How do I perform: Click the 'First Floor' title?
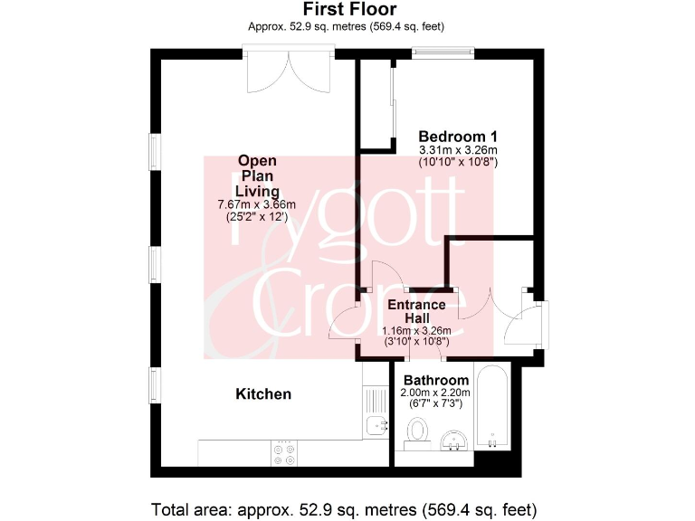[x=347, y=10]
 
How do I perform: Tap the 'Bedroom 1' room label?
[x=458, y=137]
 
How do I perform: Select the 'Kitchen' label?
[x=263, y=393]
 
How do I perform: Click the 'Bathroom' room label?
[x=436, y=380]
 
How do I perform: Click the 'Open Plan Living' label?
[x=257, y=175]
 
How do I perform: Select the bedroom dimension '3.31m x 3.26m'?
[x=458, y=150]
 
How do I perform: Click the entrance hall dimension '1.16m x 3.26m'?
[x=416, y=330]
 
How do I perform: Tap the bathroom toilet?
[x=417, y=437]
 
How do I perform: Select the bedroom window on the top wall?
[x=443, y=52]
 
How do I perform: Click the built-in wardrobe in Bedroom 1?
[x=376, y=103]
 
